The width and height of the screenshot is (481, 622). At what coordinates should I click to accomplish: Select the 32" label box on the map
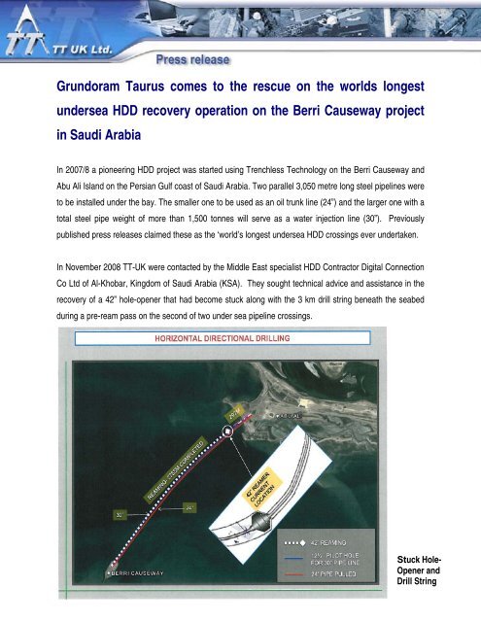[x=121, y=510]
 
